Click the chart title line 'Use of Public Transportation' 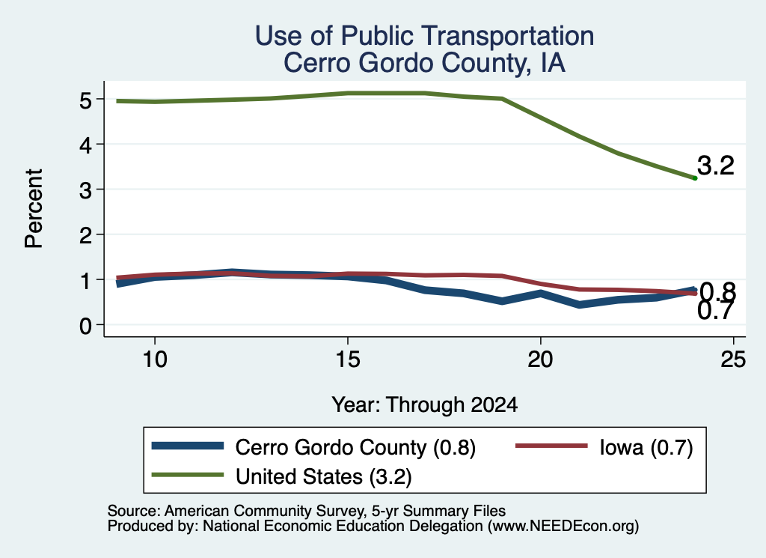(x=424, y=36)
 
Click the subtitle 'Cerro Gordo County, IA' (x=424, y=63)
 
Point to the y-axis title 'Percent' (x=34, y=209)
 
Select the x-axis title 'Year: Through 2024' (x=425, y=405)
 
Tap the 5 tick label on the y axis (x=86, y=101)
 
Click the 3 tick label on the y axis (x=86, y=191)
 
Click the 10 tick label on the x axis (x=155, y=360)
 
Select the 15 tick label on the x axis (x=348, y=360)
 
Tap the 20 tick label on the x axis (x=540, y=360)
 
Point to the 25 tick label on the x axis (x=733, y=360)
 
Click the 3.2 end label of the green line (x=716, y=166)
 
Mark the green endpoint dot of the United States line (x=695, y=178)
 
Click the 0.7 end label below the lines (x=716, y=311)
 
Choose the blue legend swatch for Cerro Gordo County (x=188, y=446)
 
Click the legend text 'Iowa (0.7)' (x=646, y=447)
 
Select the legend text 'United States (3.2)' (x=324, y=476)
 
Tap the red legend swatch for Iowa (x=551, y=446)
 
